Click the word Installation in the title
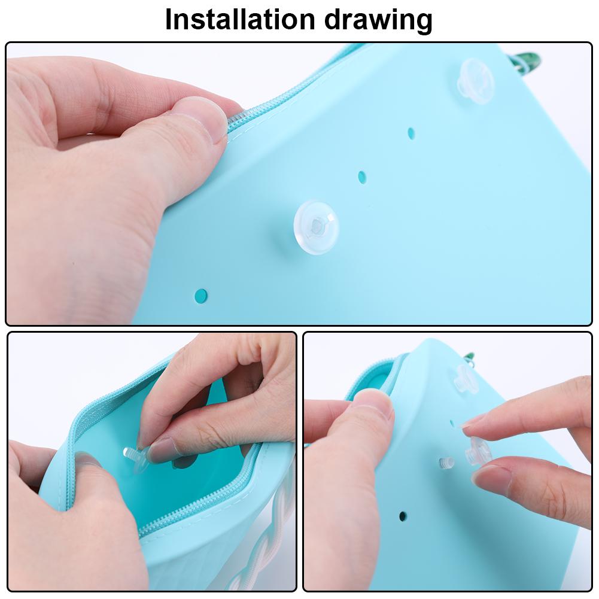pos(239,20)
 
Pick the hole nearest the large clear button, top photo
pos(361,177)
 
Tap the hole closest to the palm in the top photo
pos(201,295)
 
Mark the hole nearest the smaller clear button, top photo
pos(411,132)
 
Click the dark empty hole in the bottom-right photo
pos(402,516)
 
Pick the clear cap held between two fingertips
pos(478,451)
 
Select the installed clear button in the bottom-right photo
pos(465,379)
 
